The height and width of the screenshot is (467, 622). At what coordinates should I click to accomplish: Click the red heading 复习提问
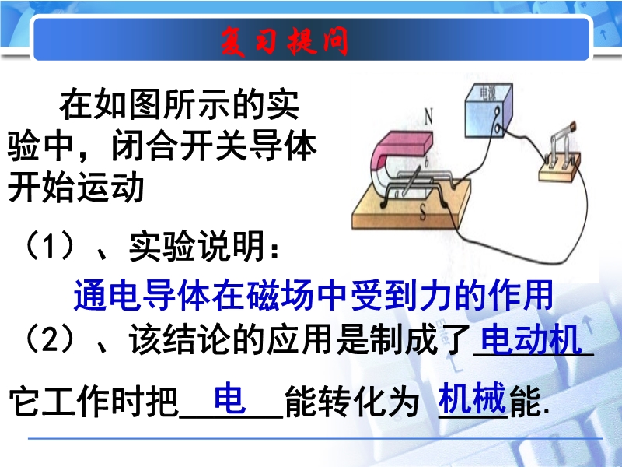tap(285, 41)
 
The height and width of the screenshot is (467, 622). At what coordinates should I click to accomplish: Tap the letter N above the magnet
tap(428, 117)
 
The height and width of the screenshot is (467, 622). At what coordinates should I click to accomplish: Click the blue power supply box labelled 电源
tap(489, 111)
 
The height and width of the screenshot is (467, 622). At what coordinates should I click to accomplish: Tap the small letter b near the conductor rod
tap(426, 162)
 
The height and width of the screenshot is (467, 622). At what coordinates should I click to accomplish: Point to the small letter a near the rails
tap(397, 193)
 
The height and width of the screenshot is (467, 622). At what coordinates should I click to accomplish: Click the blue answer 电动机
tap(531, 339)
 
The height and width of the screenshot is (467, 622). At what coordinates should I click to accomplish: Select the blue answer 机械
tap(472, 398)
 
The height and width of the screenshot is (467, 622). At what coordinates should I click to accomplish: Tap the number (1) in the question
tap(51, 245)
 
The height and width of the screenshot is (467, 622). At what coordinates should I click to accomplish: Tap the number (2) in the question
tap(51, 339)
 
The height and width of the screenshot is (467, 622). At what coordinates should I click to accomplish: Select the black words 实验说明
tap(197, 246)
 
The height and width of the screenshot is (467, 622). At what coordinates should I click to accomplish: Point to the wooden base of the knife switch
tap(559, 170)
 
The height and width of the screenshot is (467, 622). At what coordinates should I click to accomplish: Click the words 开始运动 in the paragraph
tap(75, 188)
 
